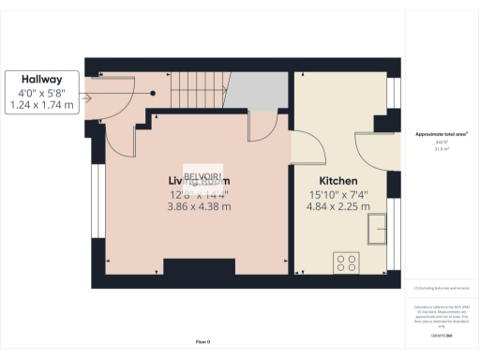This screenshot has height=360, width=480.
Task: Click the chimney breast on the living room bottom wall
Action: coord(199,267)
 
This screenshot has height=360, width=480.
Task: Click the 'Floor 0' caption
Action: coord(202,342)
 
